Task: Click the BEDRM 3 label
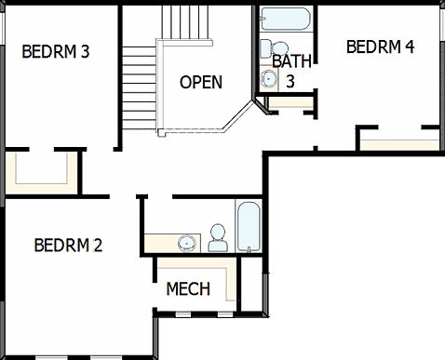(55, 51)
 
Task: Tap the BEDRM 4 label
(380, 47)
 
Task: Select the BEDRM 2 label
(68, 246)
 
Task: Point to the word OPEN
(201, 82)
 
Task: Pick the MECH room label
(188, 289)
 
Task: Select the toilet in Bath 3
(267, 49)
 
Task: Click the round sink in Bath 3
(270, 79)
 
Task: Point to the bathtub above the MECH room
(249, 227)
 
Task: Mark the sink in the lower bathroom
(187, 243)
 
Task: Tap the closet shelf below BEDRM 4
(399, 143)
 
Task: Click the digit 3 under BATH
(290, 81)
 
